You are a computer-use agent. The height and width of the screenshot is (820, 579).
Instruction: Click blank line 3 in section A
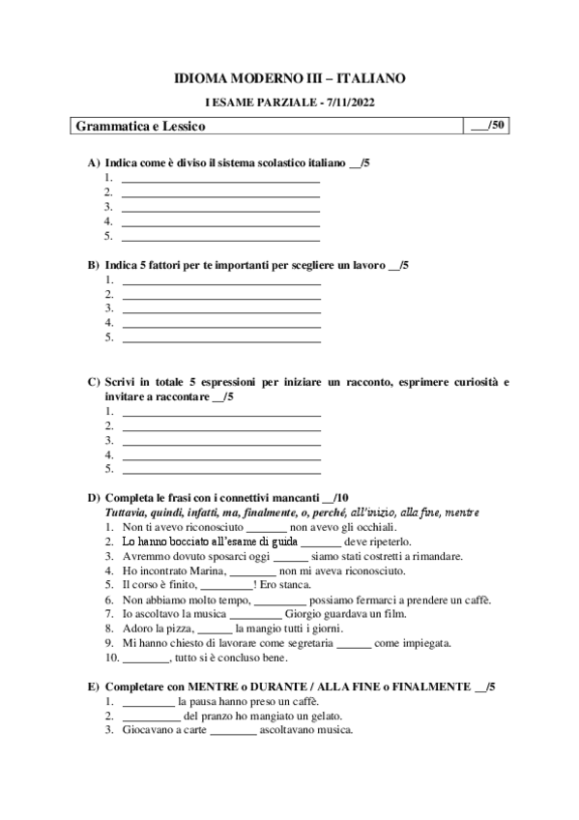tap(219, 206)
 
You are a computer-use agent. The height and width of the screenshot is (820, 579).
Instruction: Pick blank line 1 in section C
tap(221, 410)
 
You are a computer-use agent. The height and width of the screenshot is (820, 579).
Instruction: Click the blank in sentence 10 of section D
tap(146, 658)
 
